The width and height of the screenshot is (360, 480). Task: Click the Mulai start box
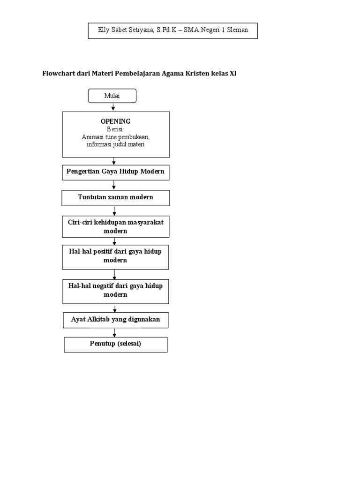(x=112, y=96)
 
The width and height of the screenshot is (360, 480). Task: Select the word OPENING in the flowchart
(x=116, y=121)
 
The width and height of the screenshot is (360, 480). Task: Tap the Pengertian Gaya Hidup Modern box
(x=116, y=172)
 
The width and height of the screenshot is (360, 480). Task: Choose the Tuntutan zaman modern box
(x=116, y=198)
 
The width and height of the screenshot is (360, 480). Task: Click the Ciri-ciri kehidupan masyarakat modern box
(x=116, y=226)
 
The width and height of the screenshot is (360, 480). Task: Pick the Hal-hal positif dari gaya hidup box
(x=115, y=256)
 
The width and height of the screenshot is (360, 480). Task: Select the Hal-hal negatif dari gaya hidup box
(x=115, y=291)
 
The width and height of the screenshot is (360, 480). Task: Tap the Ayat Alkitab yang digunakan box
(x=115, y=320)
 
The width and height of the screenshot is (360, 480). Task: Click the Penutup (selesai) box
(x=115, y=344)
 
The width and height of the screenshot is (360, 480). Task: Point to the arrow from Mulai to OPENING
(x=113, y=107)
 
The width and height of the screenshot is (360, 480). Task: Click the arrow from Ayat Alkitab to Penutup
(x=114, y=332)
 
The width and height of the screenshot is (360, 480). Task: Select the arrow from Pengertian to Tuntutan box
(x=114, y=185)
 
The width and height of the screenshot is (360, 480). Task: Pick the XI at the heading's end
(x=232, y=74)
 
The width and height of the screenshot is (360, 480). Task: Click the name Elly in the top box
(x=104, y=30)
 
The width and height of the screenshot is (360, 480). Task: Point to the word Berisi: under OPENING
(x=116, y=129)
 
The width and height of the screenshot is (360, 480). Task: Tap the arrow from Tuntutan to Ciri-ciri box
(x=114, y=211)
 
